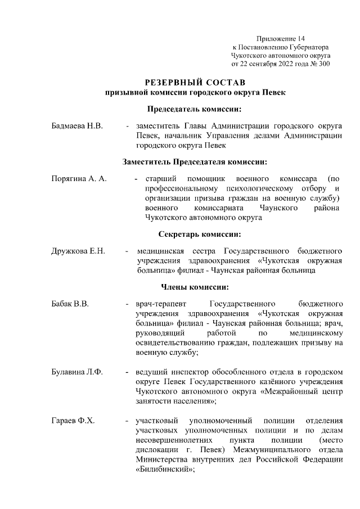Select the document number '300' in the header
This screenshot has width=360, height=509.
coord(324,64)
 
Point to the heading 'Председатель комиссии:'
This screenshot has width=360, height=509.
coord(195,109)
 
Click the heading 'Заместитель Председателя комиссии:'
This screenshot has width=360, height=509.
coord(195,162)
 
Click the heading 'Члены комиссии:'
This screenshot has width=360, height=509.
coord(195,286)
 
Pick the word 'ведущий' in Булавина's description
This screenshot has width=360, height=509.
coord(150,372)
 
